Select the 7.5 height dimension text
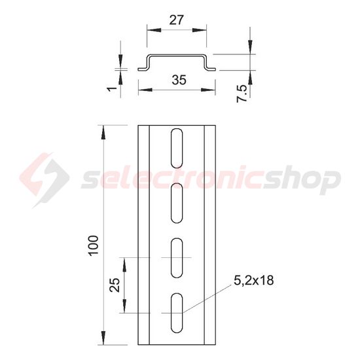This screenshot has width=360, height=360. click(x=243, y=88)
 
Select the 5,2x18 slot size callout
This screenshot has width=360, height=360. click(x=253, y=280)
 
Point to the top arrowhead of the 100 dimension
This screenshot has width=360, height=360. click(x=103, y=130)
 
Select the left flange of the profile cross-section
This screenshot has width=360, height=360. click(x=143, y=68)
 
